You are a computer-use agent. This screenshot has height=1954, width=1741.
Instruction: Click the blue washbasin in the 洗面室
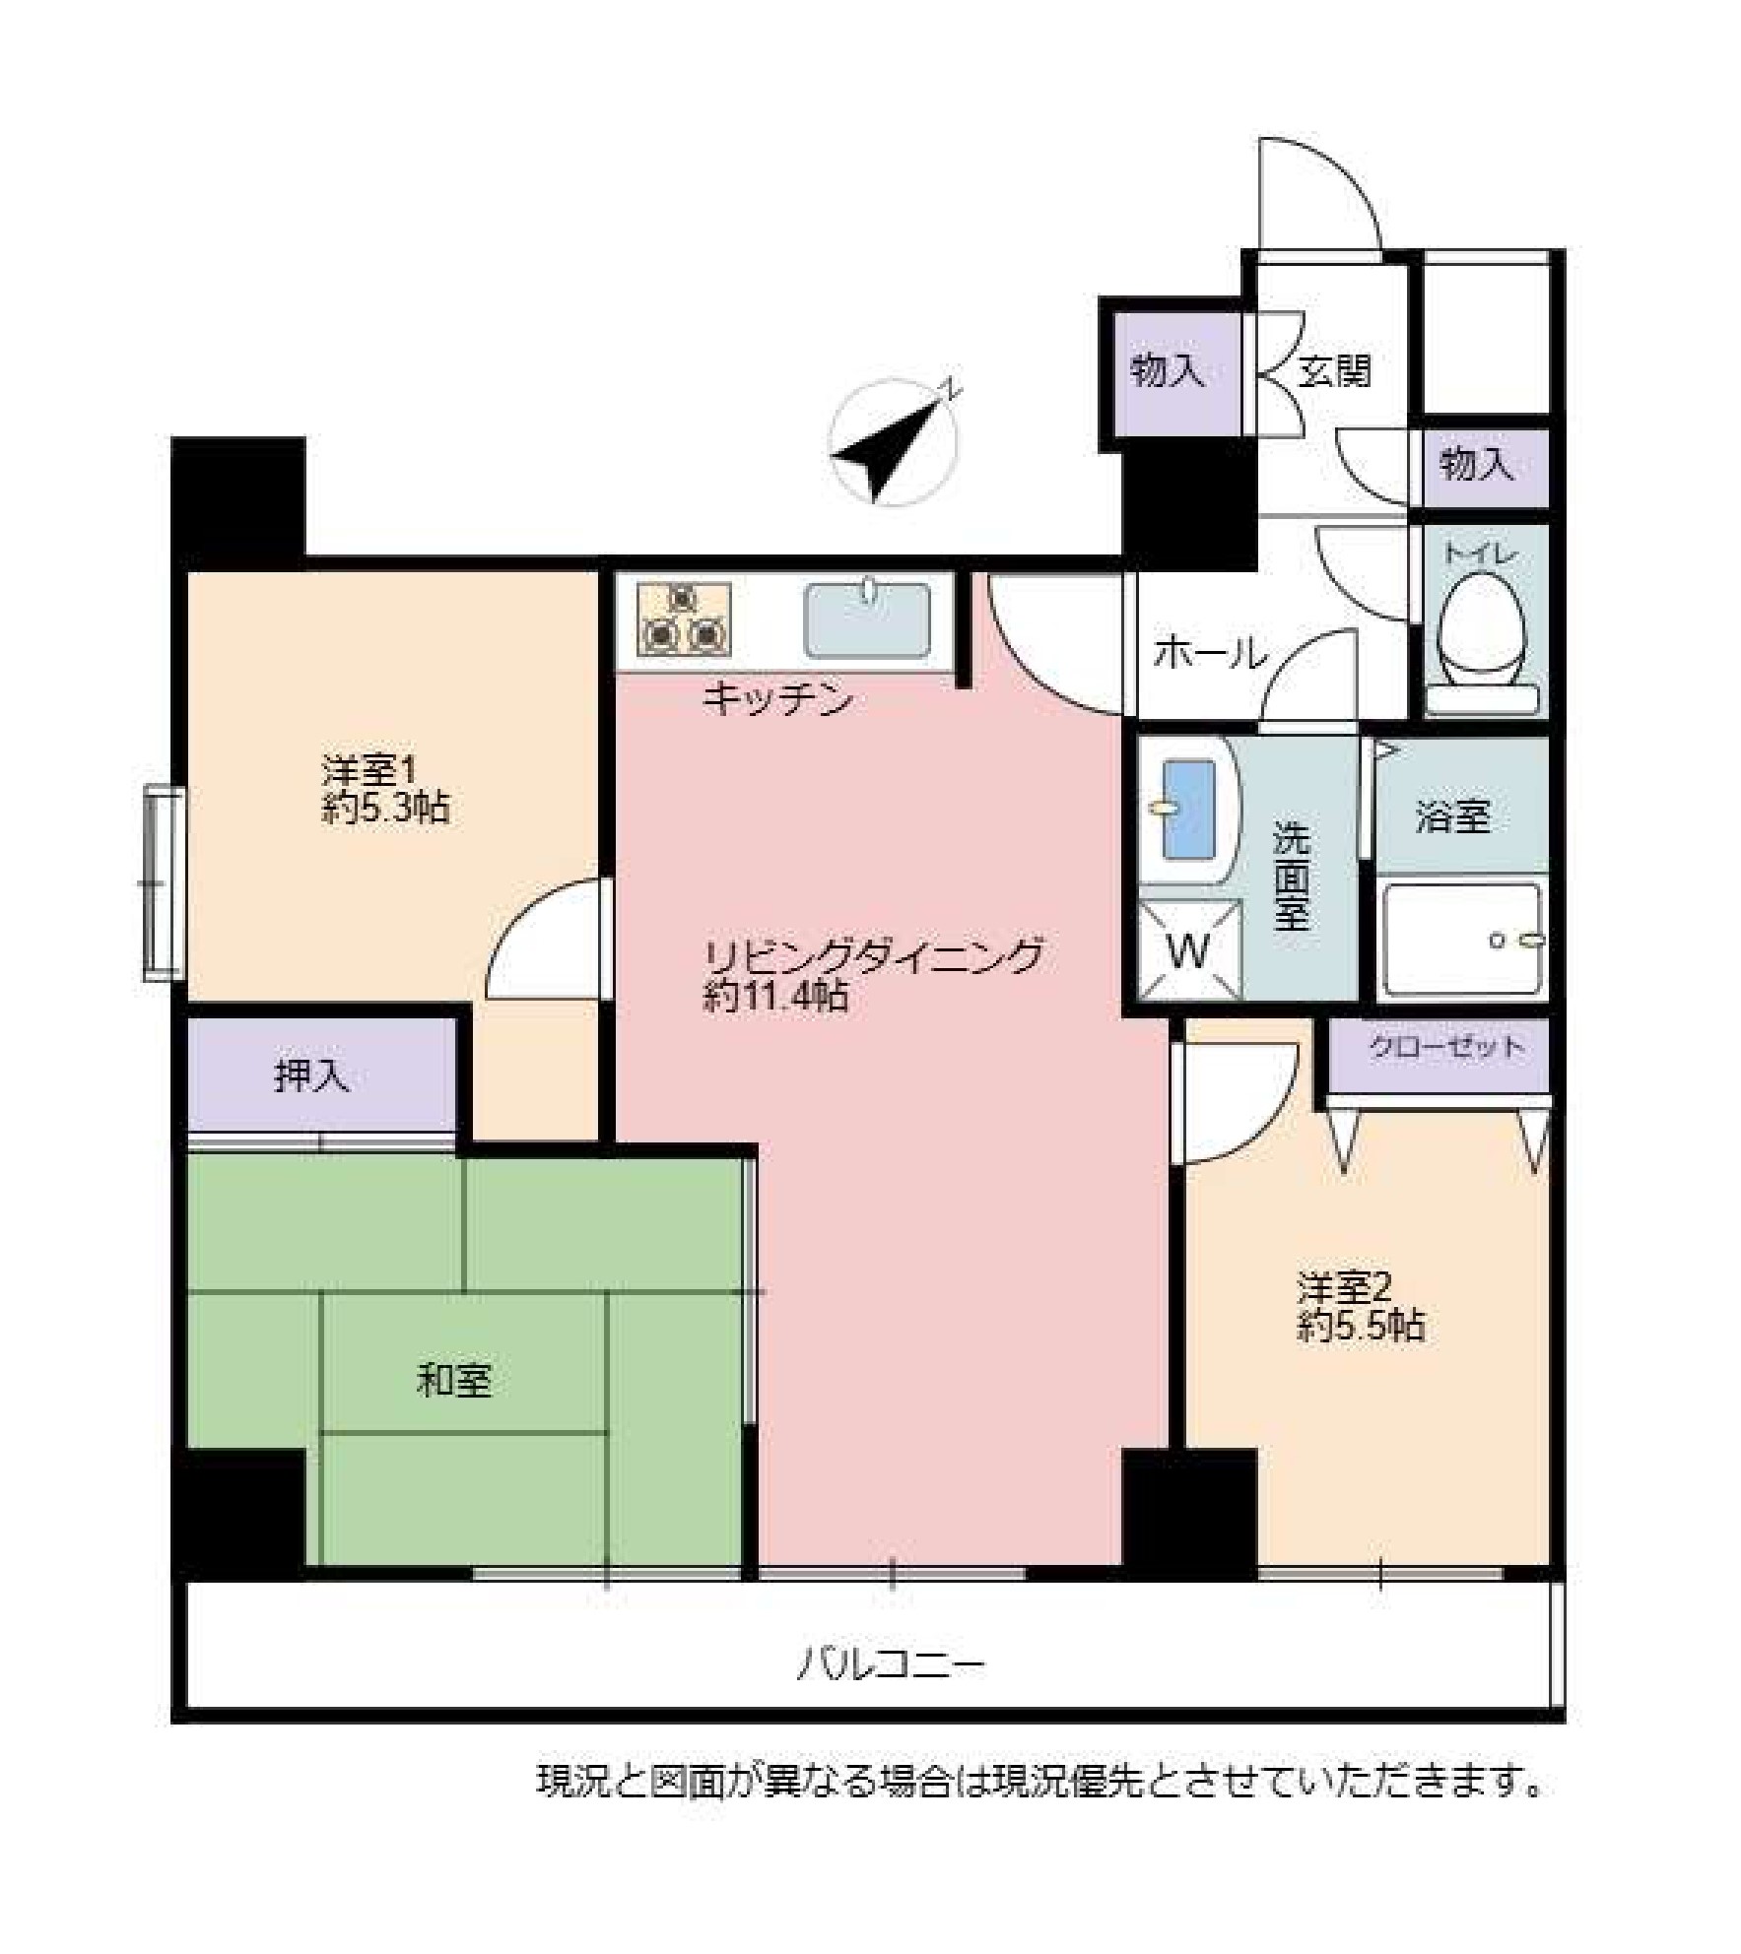click(x=1188, y=810)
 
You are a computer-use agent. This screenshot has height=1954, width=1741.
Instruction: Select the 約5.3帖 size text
click(x=385, y=809)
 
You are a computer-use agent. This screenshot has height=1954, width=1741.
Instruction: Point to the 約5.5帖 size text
click(x=1360, y=1327)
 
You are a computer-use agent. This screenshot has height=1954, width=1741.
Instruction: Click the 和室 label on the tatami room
click(x=454, y=1380)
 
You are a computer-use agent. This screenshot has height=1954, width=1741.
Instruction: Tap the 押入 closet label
click(x=312, y=1076)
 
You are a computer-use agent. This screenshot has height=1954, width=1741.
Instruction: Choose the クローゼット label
click(x=1446, y=1047)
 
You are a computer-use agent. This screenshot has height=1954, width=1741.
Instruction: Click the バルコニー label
click(x=891, y=1665)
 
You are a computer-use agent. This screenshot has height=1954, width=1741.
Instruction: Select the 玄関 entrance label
click(x=1335, y=371)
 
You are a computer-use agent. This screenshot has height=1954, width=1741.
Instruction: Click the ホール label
click(x=1210, y=652)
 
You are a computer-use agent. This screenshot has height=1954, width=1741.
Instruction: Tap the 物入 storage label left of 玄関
click(x=1168, y=371)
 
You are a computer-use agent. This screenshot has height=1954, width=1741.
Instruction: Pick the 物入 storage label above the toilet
click(x=1477, y=463)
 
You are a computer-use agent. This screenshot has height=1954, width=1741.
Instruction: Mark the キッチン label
click(x=777, y=699)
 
